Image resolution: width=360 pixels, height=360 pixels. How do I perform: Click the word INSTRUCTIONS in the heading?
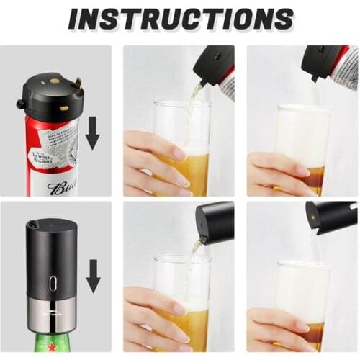click(180, 19)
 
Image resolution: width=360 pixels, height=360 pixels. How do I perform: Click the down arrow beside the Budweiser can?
click(92, 134)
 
